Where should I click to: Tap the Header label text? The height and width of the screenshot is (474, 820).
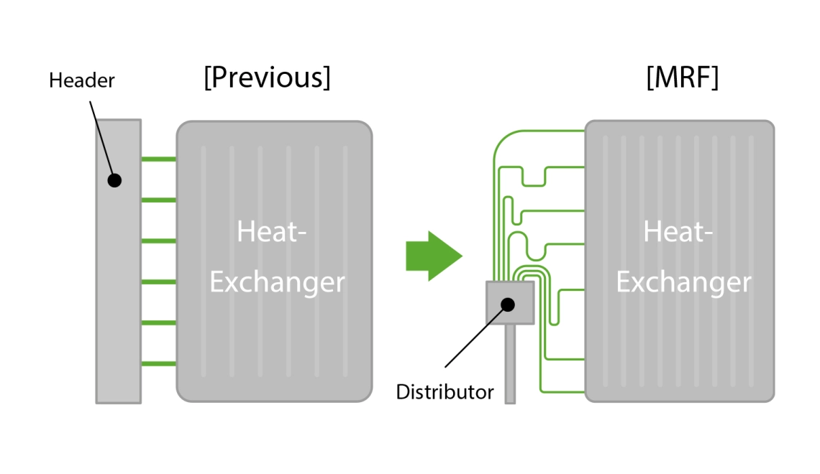pos(81,80)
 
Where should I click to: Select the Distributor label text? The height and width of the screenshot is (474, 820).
pos(445,392)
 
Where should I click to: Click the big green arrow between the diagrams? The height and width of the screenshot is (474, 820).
pos(433,256)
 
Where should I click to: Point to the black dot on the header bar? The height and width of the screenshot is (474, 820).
pos(114,180)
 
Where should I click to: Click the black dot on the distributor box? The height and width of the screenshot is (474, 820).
pos(508,305)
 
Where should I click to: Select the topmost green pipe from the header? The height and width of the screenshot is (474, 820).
pos(159,159)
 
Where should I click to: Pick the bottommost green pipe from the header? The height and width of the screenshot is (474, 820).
pos(159,364)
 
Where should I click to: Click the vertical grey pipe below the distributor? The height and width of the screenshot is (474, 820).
pos(510,366)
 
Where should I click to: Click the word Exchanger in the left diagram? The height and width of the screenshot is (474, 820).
pos(277,282)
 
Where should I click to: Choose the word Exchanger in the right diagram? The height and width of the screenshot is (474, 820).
pos(683,282)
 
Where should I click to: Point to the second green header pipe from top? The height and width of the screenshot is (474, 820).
pos(159,200)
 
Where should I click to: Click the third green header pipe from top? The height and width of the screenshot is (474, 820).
pos(159,241)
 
